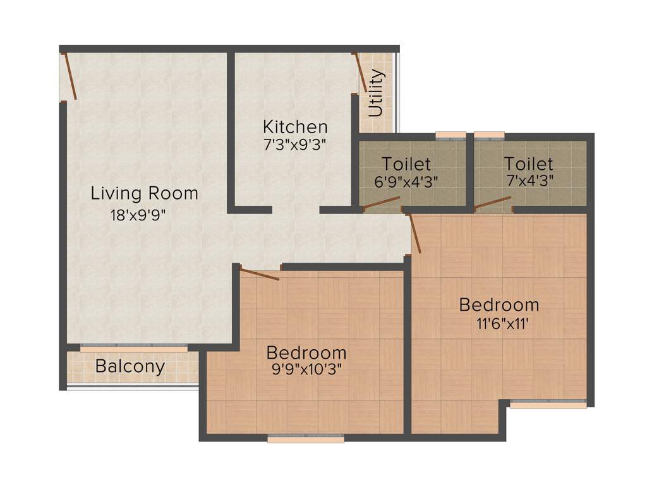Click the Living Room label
point(144,193)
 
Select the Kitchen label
point(295,126)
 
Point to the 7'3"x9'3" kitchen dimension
point(295,145)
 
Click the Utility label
point(376,93)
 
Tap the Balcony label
point(130,366)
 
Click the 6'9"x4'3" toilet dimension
point(406,180)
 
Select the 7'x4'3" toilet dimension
point(528,180)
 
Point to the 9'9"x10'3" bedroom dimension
point(306,369)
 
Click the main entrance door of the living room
point(70,77)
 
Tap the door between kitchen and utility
point(361,73)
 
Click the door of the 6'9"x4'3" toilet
point(382,203)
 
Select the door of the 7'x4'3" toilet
point(493,202)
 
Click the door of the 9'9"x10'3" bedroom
point(259,275)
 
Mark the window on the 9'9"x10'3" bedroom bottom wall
point(306,438)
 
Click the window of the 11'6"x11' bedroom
point(548,405)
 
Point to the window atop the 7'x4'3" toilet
point(489,135)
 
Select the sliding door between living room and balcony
point(134,347)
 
